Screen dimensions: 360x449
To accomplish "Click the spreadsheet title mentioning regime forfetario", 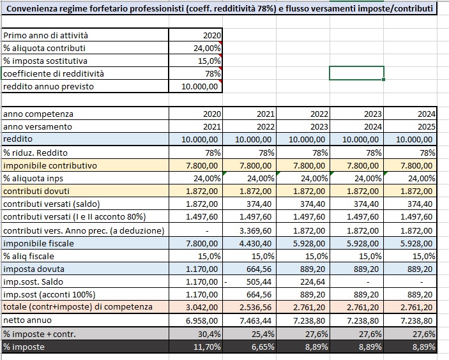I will pyautogui.click(x=218, y=8).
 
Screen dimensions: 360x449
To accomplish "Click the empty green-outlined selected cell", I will pyautogui.click(x=356, y=73).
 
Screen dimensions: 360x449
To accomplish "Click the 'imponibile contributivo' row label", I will pyautogui.click(x=50, y=165).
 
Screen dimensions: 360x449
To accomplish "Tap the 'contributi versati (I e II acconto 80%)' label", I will pyautogui.click(x=75, y=216).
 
